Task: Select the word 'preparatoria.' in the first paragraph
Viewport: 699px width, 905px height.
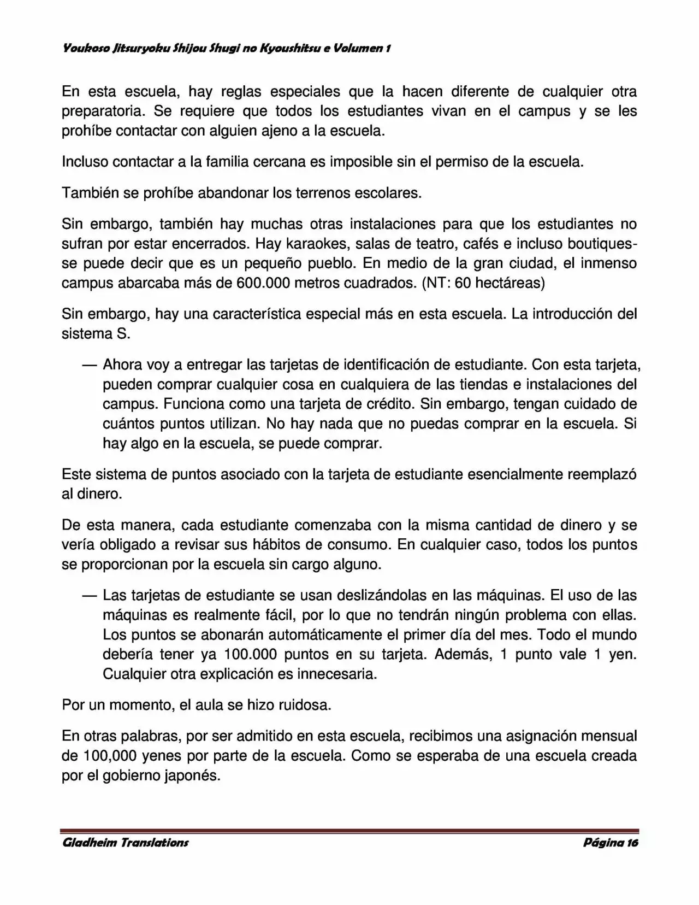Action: click(103, 111)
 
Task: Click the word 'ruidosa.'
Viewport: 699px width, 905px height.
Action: click(305, 705)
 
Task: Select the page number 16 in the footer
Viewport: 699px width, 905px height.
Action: click(632, 843)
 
